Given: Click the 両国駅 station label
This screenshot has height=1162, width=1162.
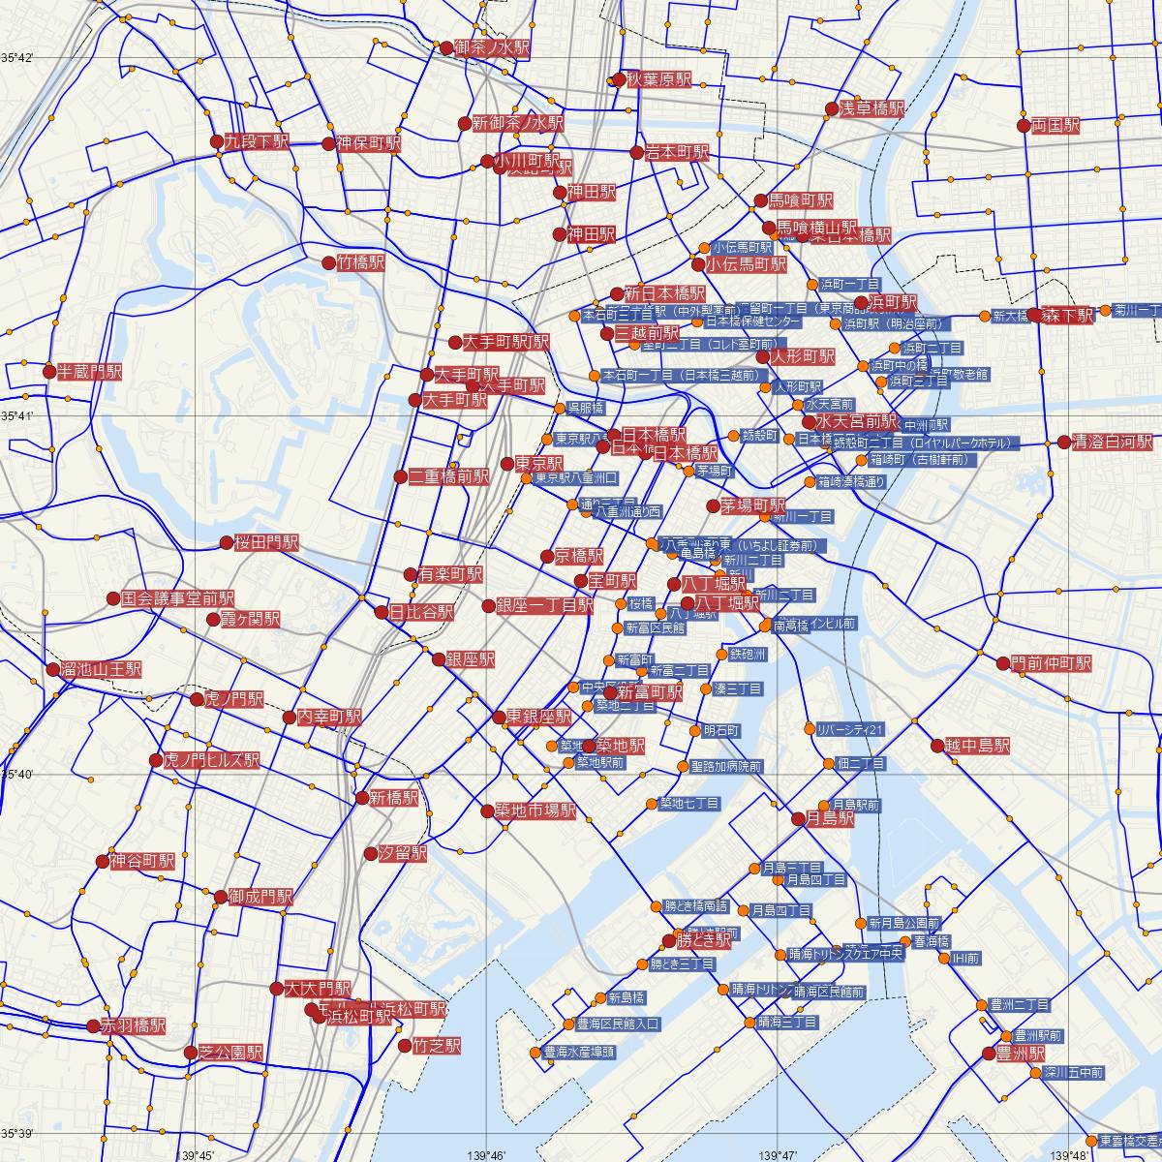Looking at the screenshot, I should (1055, 125).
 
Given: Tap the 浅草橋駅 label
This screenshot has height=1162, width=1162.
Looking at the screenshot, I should (871, 109).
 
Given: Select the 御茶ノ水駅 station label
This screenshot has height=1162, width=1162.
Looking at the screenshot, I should (492, 47).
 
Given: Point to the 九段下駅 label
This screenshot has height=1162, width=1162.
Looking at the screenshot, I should (257, 141).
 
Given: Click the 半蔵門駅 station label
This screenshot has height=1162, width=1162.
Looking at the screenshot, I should (89, 371).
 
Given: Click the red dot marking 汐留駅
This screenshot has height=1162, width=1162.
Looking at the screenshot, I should (371, 854).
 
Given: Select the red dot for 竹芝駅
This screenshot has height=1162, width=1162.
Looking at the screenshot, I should (405, 1046).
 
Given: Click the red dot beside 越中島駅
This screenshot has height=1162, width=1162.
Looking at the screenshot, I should (937, 746).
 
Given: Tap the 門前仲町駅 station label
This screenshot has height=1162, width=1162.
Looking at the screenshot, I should (1051, 663).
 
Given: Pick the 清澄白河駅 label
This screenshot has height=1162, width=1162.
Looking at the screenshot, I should (1114, 442).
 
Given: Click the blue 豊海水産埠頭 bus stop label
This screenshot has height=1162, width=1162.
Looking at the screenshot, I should (579, 1052).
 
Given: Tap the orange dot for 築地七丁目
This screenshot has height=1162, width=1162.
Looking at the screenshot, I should (652, 804).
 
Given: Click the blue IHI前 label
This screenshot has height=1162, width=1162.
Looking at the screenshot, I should (965, 959).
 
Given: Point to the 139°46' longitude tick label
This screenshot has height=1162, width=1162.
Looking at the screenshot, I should (486, 1155).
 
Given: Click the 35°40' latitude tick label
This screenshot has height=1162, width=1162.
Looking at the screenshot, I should (17, 775).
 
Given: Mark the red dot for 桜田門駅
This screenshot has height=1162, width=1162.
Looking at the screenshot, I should (227, 543).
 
